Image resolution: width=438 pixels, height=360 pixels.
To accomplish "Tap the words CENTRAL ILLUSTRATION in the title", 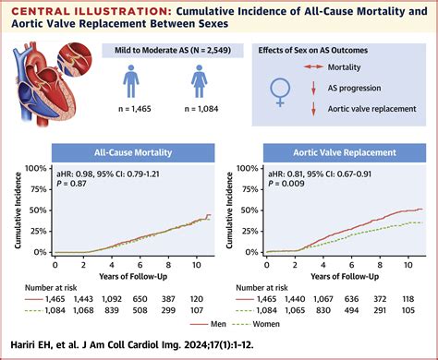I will coord(62,11).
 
